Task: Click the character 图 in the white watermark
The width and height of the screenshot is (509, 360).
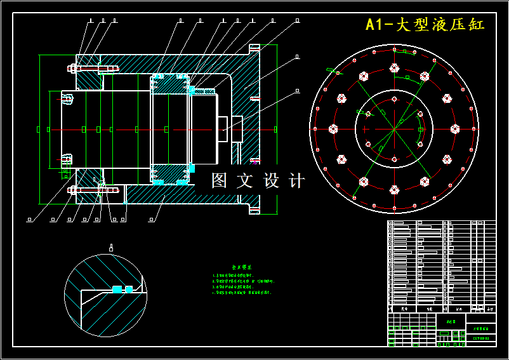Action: click(x=220, y=181)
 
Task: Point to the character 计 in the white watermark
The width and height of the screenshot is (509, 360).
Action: click(x=296, y=181)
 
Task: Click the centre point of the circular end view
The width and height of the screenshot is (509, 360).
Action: click(x=393, y=129)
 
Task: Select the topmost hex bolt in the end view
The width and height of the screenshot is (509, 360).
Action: click(x=394, y=67)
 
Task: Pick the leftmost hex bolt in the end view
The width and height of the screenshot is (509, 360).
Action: click(x=332, y=129)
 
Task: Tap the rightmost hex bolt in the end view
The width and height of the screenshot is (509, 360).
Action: click(x=454, y=129)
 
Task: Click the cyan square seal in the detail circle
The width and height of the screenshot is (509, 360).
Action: click(x=116, y=290)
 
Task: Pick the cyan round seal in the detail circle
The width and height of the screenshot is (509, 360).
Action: click(x=129, y=290)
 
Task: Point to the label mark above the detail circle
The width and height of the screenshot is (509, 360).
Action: click(x=111, y=248)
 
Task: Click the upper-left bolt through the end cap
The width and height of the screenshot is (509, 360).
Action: click(x=92, y=68)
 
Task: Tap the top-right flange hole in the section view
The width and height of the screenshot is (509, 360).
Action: click(x=255, y=48)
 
